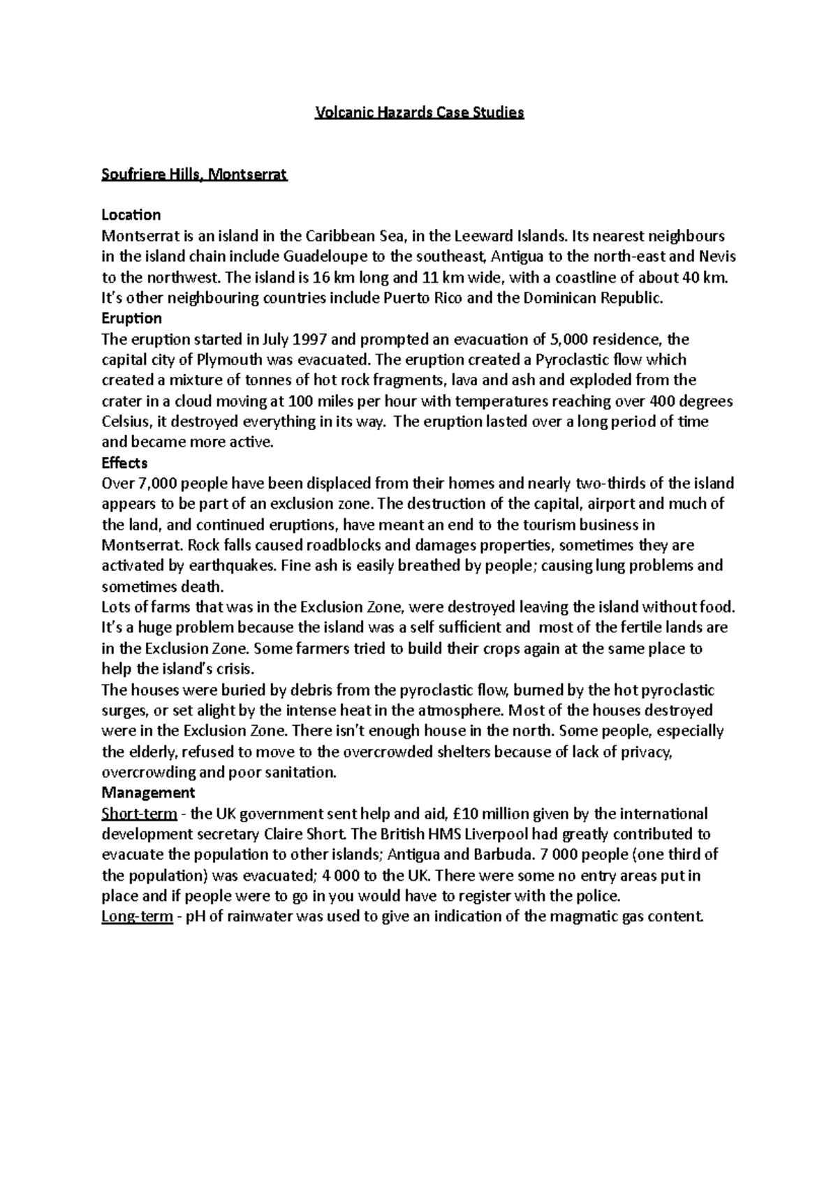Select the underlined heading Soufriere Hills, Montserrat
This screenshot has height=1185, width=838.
194,174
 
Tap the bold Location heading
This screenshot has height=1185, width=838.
131,214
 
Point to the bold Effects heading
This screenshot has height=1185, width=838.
124,463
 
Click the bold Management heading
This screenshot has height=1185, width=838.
148,793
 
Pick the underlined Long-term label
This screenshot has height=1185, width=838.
137,916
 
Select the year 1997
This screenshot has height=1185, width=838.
307,340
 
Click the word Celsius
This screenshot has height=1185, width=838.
126,422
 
